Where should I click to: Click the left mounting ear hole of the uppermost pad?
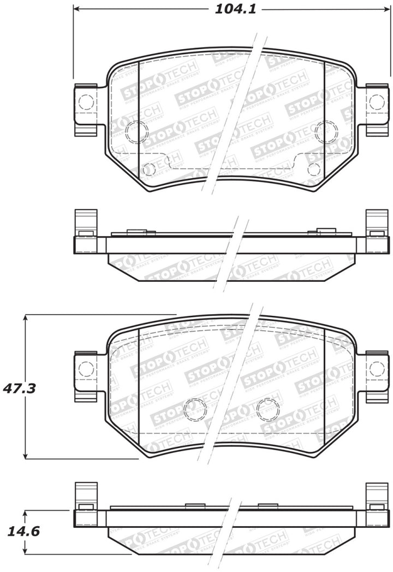click(86, 102)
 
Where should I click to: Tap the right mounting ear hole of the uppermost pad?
click(377, 102)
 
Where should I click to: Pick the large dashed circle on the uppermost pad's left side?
click(136, 132)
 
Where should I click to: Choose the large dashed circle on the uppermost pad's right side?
click(326, 132)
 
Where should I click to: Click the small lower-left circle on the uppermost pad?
click(148, 169)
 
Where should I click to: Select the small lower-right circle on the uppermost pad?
click(313, 169)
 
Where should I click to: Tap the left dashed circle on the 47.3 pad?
click(195, 409)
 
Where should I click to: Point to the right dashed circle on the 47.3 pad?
click(267, 409)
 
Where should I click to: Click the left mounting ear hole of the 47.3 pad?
click(86, 369)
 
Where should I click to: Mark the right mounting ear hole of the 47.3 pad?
click(377, 369)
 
